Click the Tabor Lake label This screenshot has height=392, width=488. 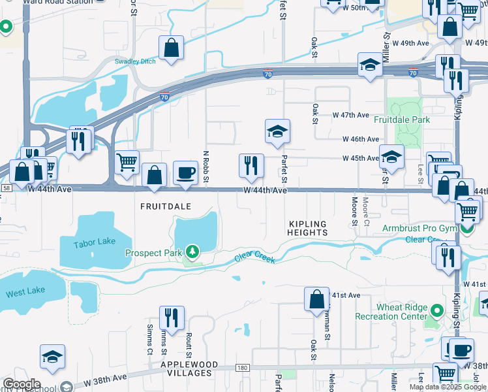pyautogui.click(x=95, y=242)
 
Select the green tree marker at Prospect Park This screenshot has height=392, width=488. pyautogui.click(x=191, y=252)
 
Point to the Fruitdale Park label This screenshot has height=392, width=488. pyautogui.click(x=402, y=120)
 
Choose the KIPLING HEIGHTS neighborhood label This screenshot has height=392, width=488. pyautogui.click(x=307, y=228)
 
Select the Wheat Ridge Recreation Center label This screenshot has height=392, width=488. pyautogui.click(x=391, y=312)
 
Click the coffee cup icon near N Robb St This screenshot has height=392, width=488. pyautogui.click(x=185, y=172)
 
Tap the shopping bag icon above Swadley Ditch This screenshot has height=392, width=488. pyautogui.click(x=171, y=48)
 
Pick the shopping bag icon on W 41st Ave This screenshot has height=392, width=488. pyautogui.click(x=316, y=299)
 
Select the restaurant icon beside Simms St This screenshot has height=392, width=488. pyautogui.click(x=172, y=318)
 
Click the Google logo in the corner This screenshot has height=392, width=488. pyautogui.click(x=22, y=384)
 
